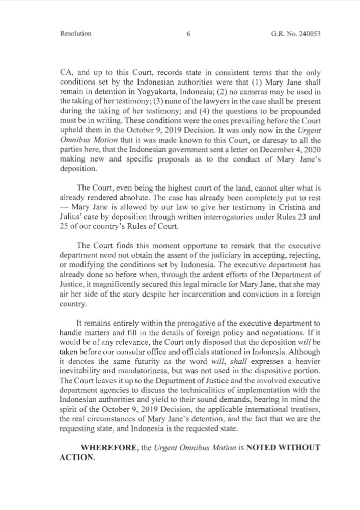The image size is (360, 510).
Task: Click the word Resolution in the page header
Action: point(76,34)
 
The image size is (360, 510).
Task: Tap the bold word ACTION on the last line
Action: point(76,458)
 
